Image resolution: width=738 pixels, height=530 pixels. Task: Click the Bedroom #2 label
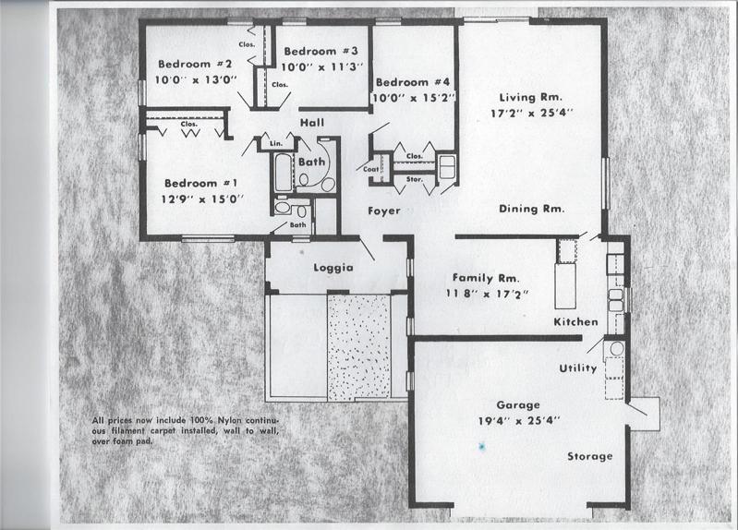point(195,64)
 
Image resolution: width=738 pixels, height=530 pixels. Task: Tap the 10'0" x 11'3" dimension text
point(322,66)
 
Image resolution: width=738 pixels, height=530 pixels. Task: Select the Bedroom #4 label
point(413,82)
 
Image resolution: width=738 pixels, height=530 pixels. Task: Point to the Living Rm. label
point(531,98)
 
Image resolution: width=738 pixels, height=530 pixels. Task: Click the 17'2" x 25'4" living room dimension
point(532,113)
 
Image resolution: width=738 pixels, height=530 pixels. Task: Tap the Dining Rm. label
point(531,209)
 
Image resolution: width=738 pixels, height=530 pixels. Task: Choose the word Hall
point(312,123)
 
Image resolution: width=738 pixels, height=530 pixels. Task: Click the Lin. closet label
point(276,143)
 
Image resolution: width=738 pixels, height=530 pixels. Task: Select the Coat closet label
point(371,169)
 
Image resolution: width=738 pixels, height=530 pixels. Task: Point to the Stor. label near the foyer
point(414,179)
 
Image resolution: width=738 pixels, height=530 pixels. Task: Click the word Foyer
point(384,211)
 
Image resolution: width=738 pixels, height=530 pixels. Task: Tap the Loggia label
point(333,268)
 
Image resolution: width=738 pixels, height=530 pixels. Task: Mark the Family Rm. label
point(486,278)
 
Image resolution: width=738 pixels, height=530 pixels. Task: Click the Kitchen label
point(575,322)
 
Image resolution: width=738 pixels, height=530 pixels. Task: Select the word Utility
point(578,368)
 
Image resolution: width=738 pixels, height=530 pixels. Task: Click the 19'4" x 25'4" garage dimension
point(519,421)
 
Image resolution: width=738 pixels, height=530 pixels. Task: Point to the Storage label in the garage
point(589,456)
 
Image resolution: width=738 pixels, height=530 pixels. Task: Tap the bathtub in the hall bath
point(284,172)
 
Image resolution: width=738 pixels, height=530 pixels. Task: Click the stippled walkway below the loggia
point(359,348)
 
